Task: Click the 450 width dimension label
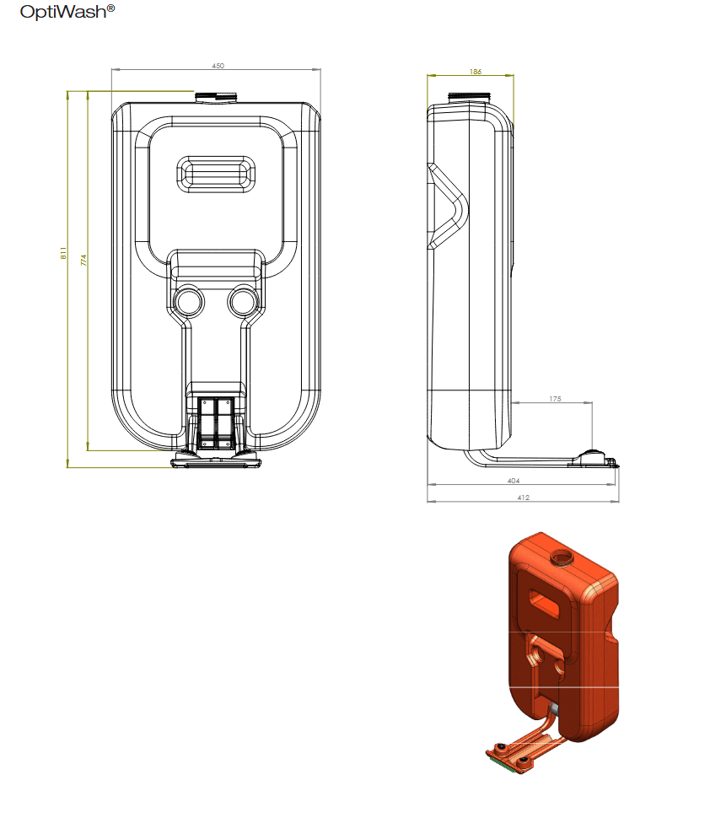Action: pyautogui.click(x=218, y=66)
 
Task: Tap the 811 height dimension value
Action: pyautogui.click(x=63, y=253)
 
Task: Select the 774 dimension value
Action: pyautogui.click(x=83, y=261)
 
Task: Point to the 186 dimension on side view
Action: pyautogui.click(x=476, y=72)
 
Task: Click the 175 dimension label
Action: pyautogui.click(x=555, y=399)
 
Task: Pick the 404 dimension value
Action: pyautogui.click(x=514, y=481)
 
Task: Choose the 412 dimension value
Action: pyautogui.click(x=524, y=498)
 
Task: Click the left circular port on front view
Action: pyautogui.click(x=188, y=301)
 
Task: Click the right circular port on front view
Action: pyautogui.click(x=244, y=301)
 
